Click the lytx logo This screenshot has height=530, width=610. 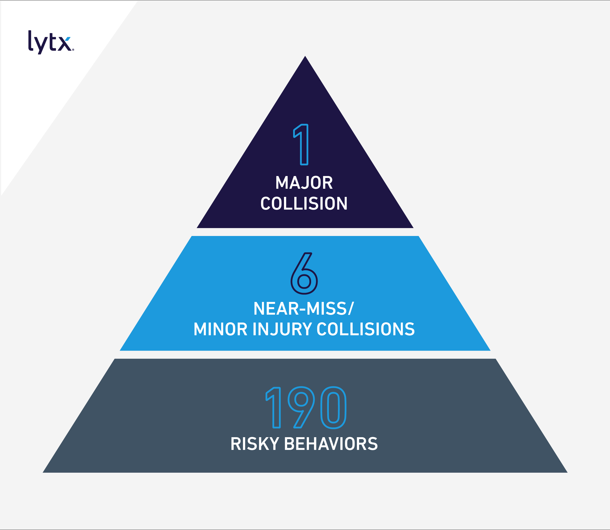click(50, 42)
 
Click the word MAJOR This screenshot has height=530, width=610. click(304, 183)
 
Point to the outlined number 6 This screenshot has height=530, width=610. click(304, 274)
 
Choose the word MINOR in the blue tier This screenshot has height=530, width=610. click(220, 329)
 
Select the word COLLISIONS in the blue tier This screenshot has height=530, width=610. click(366, 329)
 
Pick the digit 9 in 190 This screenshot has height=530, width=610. click(301, 407)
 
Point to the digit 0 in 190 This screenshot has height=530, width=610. click(333, 407)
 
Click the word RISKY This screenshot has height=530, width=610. click(255, 444)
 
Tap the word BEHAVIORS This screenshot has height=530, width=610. click(331, 444)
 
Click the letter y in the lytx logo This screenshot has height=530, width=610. click(41, 44)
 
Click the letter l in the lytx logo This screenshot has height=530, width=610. click(30, 41)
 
